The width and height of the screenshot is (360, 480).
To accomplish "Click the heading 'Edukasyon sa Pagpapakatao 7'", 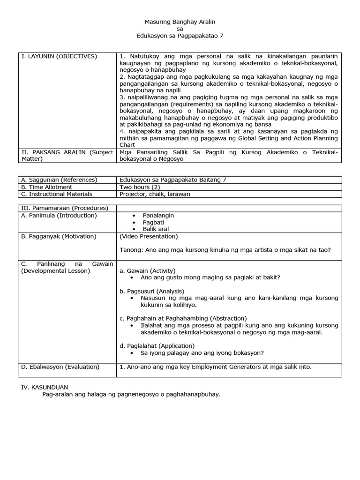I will coord(178,36).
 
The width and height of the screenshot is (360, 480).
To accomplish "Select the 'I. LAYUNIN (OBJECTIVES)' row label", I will coord(59,56).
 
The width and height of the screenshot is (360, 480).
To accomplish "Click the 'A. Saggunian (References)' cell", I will coord(59,180).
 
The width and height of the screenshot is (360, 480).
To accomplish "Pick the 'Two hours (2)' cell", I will coord(138,187).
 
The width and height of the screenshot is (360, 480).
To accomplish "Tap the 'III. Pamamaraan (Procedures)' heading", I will coord(64,208).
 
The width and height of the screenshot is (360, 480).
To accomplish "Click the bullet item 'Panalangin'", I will coord(158,215).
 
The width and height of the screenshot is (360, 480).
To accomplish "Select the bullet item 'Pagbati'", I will coord(153,222).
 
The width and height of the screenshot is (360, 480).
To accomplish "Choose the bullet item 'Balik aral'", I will coord(156,229).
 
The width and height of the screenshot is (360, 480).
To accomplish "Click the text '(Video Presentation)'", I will coord(149,236).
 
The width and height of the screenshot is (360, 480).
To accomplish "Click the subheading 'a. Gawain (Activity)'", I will coord(148,270).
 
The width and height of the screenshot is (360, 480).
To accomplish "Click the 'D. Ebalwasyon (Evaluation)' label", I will coord(60,367).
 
